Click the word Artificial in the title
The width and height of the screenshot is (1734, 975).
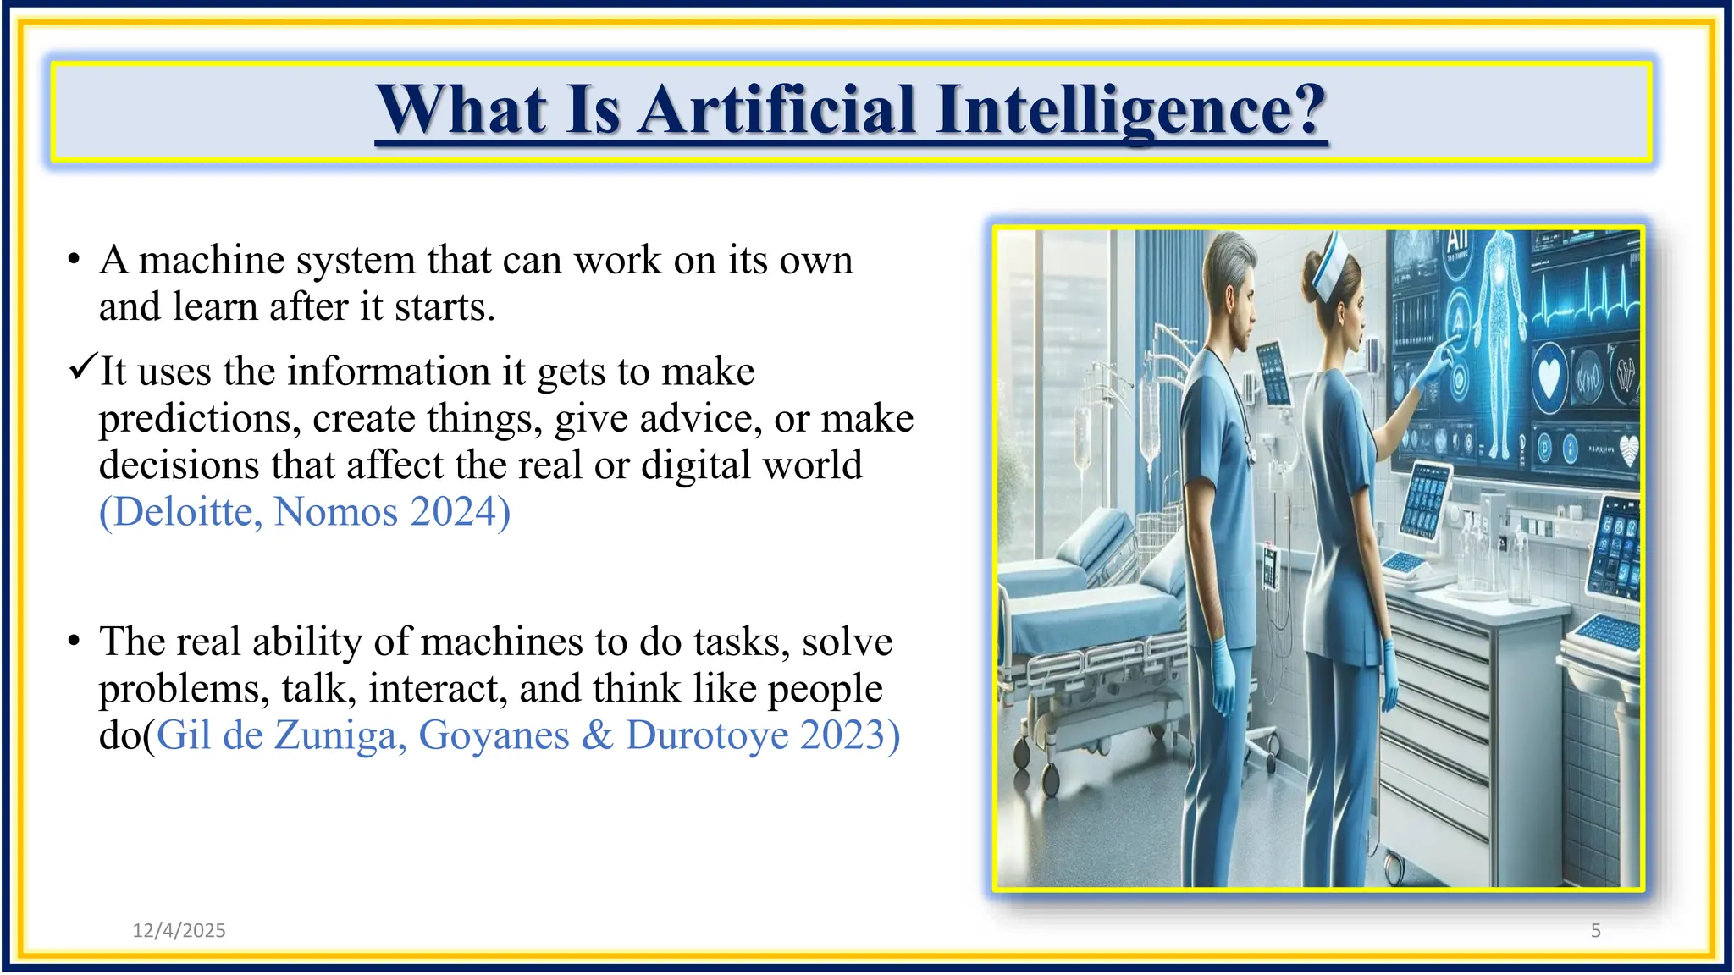776,110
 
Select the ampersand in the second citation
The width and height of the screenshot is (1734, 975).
597,735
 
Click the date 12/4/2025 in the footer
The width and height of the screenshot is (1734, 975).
179,930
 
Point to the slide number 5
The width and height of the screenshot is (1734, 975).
1595,930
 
